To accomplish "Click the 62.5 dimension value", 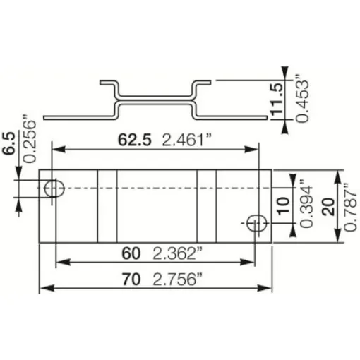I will [134, 140].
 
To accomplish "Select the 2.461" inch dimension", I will [187, 140].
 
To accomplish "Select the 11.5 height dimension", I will [278, 99].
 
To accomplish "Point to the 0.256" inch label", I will [29, 138].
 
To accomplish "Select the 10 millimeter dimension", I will [283, 206].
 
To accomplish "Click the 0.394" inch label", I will [305, 205].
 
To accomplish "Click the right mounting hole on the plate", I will [256, 223].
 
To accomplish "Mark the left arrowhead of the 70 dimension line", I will [43, 288].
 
